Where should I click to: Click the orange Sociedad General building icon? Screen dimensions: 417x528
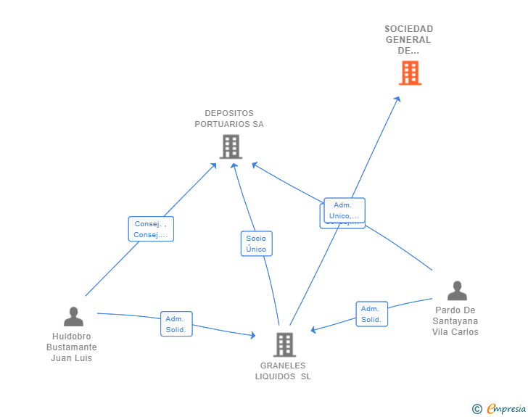410,73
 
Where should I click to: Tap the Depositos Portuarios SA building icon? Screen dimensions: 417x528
231,146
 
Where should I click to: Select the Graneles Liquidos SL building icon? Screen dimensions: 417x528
284,344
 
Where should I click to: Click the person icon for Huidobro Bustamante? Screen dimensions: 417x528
73,317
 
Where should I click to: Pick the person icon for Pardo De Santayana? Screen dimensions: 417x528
457,291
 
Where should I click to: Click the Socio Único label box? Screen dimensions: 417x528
256,244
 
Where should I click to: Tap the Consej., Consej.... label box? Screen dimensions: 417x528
151,229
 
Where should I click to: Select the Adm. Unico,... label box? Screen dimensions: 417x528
345,210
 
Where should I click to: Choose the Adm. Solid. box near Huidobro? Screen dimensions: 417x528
176,324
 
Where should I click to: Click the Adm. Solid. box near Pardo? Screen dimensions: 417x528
371,314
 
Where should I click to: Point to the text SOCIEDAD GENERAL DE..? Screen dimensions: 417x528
409,40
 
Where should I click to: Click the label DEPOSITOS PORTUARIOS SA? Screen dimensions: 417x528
229,118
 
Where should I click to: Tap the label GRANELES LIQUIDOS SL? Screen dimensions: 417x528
283,371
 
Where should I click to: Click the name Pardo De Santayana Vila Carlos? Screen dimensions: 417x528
455,321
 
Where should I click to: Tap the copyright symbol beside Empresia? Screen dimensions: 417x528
477,410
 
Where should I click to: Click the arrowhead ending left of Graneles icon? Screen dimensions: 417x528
252,335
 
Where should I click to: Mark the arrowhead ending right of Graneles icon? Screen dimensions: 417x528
313,330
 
